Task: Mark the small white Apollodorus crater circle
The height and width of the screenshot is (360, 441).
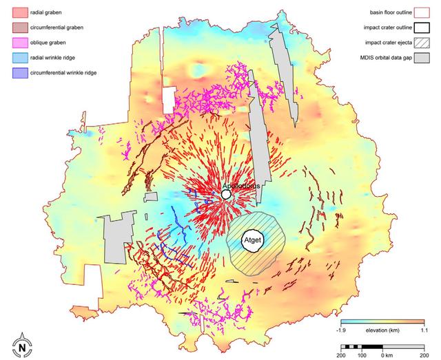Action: pyautogui.click(x=226, y=196)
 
